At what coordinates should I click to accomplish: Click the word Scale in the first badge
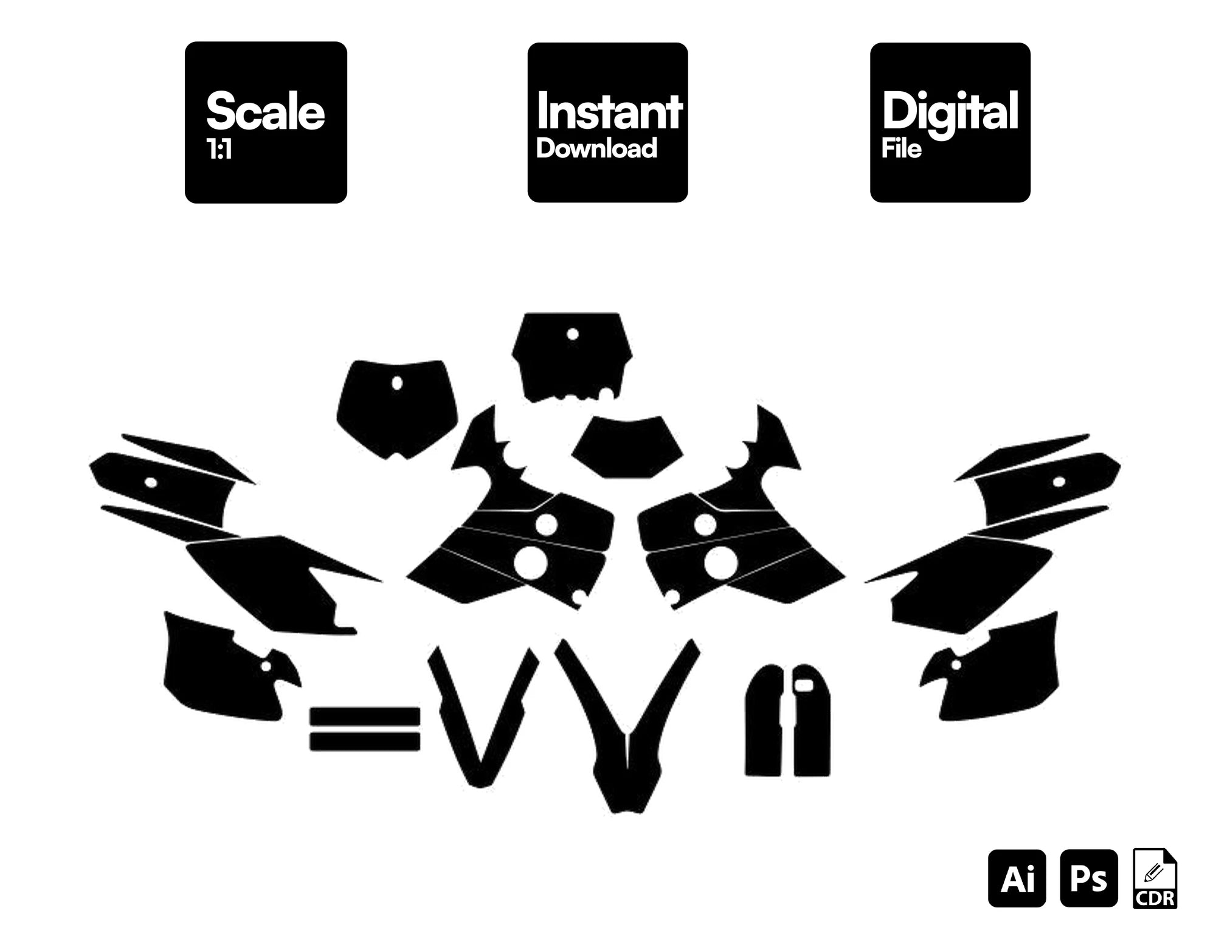coord(266,111)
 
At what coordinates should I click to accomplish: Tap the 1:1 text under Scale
coord(219,150)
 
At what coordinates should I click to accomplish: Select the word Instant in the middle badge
coord(609,111)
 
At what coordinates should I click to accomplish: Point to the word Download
coord(596,148)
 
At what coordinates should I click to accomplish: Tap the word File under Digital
coord(902,148)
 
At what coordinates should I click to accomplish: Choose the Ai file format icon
coord(1017,878)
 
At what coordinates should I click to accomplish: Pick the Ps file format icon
coord(1089,878)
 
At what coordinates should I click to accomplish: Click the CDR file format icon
coord(1155,878)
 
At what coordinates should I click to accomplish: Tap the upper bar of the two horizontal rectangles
coord(365,717)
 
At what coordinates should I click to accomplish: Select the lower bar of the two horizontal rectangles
coord(365,741)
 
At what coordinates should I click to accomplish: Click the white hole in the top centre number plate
coord(572,334)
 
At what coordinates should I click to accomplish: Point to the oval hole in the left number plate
coord(397,384)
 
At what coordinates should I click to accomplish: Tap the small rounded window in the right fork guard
coord(804,685)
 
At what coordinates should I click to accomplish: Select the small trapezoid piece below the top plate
coord(627,447)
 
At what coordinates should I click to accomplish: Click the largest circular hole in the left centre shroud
coord(530,563)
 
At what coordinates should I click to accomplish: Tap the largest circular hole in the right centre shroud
coord(720,563)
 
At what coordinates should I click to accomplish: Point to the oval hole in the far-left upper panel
coord(151,483)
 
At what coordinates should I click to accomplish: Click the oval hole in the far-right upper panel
coord(1059,482)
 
